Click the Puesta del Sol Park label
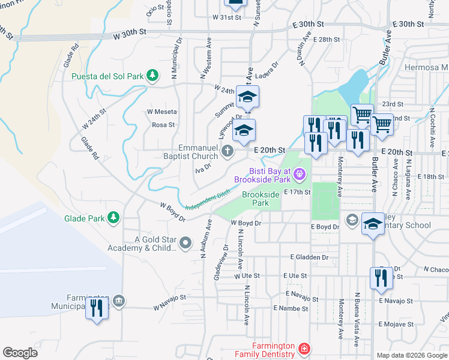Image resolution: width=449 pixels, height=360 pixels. [x=107, y=76]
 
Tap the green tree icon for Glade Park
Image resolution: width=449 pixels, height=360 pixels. [x=112, y=218]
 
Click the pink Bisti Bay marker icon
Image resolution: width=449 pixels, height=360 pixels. [x=300, y=175]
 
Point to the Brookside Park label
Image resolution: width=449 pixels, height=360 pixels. [x=261, y=199]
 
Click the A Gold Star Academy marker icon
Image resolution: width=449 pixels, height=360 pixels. [x=185, y=244]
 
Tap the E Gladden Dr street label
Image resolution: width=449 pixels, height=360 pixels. [x=309, y=257]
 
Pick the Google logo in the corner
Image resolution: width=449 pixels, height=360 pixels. [x=20, y=353]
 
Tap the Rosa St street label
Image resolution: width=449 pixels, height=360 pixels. [x=163, y=125]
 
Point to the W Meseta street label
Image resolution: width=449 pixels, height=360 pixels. [x=162, y=112]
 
